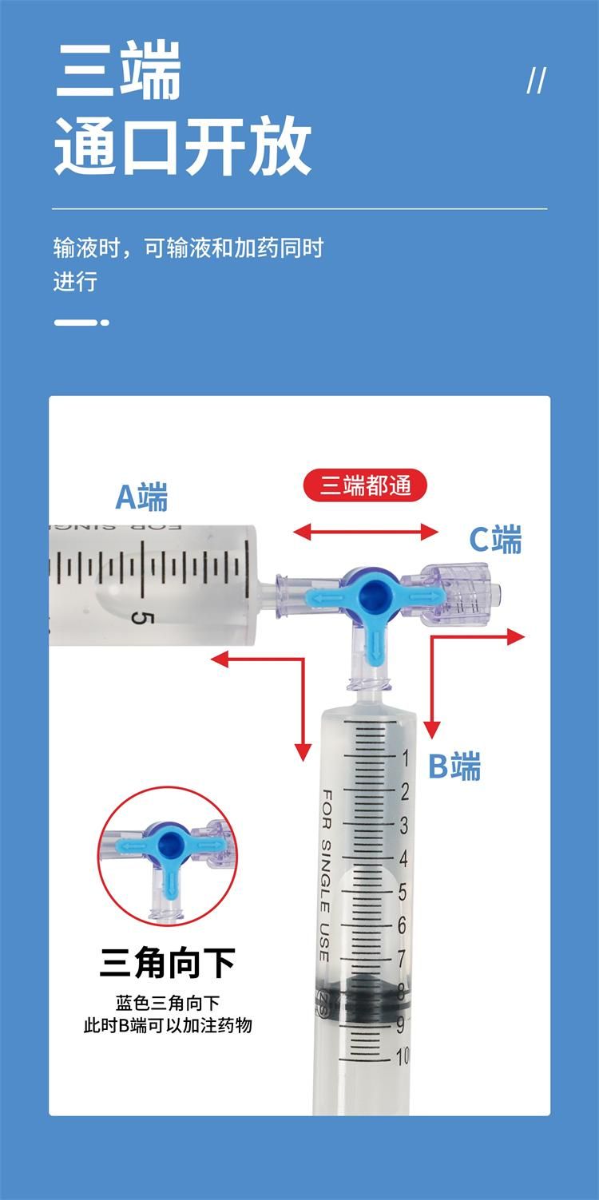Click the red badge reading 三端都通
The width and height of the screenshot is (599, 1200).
[x=365, y=486]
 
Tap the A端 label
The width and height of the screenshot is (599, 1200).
[x=142, y=497]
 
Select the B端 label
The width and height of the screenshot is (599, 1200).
[x=454, y=766]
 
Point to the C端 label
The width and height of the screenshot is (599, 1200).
[x=496, y=539]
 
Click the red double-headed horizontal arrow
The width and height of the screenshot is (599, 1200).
[x=366, y=532]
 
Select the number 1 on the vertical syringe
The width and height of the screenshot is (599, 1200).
[x=406, y=758]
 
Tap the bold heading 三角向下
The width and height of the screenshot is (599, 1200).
[x=168, y=963]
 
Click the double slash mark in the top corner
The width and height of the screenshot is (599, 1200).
[x=537, y=81]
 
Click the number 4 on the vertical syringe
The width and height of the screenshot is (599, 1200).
[x=403, y=858]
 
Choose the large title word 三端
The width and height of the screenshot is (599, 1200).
[x=118, y=71]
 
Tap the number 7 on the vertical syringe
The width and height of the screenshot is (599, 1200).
[x=401, y=959]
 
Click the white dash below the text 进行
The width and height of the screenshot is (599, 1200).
[x=81, y=323]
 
